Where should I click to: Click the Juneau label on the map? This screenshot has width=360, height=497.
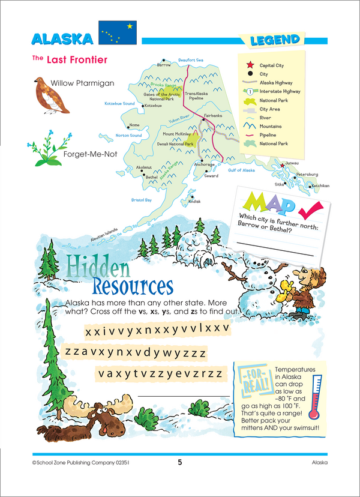pos(292,162)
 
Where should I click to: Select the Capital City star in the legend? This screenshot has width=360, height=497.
pos(248,64)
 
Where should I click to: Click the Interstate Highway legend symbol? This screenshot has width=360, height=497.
pos(248,91)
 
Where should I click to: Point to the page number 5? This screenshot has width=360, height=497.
pos(179,463)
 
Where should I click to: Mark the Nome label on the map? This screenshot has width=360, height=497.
pos(134,125)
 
